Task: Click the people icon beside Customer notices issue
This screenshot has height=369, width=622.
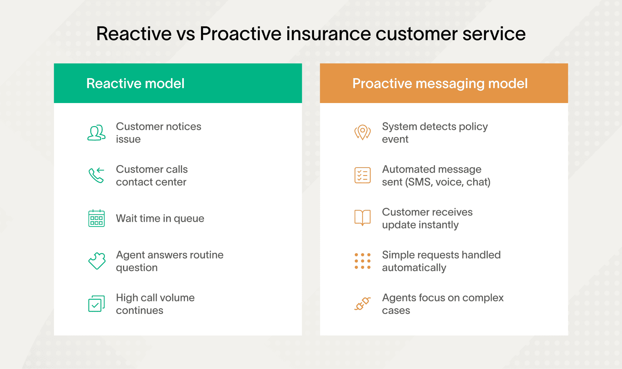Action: (x=96, y=133)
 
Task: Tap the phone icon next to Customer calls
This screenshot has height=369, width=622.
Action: (x=96, y=175)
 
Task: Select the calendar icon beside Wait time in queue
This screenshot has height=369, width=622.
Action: (x=96, y=218)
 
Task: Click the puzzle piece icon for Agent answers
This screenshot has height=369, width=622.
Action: (x=97, y=261)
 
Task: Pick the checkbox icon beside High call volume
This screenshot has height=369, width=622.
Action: (x=96, y=304)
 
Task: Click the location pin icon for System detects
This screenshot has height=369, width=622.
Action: (x=362, y=133)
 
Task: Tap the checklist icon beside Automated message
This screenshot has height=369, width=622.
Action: (x=362, y=175)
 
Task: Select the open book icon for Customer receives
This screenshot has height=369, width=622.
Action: (x=362, y=218)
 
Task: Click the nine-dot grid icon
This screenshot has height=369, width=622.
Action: (x=362, y=261)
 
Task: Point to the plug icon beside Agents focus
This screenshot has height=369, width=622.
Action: (x=362, y=304)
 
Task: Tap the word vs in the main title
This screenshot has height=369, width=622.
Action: (x=186, y=34)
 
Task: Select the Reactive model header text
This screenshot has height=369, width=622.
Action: (x=135, y=84)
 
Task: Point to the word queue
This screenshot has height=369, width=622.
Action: (x=189, y=219)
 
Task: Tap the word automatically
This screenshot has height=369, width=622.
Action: (x=414, y=268)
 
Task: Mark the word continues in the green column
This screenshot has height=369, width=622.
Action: (x=139, y=311)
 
